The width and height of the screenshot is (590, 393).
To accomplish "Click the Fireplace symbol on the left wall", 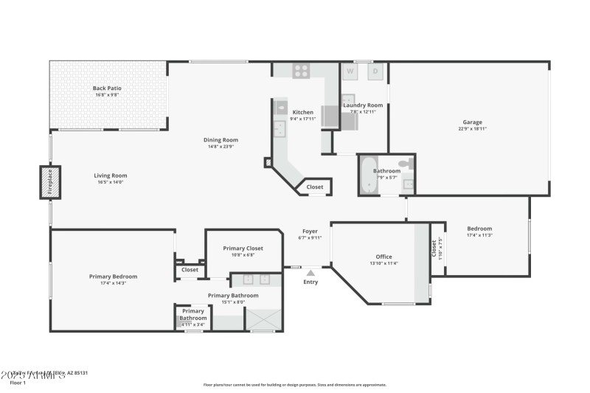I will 50,182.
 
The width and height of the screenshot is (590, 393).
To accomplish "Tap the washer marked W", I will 351,72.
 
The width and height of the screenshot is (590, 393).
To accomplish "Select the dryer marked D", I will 375,72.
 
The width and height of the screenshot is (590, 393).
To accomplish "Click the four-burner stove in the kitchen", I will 301,71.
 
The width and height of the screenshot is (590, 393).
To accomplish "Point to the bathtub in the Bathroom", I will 368,175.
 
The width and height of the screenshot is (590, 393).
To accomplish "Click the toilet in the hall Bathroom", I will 405,164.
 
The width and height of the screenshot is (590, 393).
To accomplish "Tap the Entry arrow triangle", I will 310,274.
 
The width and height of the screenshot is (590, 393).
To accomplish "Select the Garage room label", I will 472,122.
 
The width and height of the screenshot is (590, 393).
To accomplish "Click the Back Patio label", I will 107,88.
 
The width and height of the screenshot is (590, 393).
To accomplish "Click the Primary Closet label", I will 243,248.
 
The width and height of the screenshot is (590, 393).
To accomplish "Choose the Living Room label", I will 111,175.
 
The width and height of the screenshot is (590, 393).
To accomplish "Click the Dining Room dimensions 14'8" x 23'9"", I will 221,146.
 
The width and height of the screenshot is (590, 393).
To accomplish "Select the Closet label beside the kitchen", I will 315,187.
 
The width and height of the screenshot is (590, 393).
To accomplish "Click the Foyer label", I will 310,232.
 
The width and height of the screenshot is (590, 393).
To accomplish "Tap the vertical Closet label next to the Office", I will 434,248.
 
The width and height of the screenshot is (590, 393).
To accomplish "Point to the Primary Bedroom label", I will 113,277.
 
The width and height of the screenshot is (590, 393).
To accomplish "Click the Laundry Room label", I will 363,105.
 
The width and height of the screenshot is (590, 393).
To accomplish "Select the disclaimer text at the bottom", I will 294,384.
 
